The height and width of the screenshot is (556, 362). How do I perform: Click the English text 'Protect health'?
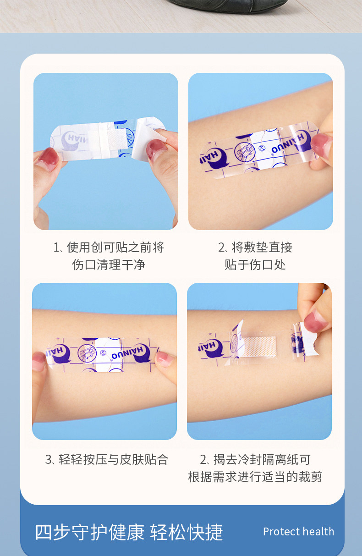(298, 531)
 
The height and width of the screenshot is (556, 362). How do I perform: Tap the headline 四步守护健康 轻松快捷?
(129, 532)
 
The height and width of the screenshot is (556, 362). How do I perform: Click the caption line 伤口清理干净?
(109, 264)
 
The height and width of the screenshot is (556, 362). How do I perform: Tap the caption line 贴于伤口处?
(255, 264)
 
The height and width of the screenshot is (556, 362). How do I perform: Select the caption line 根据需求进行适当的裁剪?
(255, 477)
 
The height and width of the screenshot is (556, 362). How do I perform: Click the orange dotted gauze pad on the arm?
(259, 347)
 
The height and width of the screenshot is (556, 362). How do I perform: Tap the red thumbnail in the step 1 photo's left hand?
(48, 159)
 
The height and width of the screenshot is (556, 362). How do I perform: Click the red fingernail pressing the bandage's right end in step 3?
(164, 359)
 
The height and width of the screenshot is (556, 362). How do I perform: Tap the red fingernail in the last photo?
(316, 322)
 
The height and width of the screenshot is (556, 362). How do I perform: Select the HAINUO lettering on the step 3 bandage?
(127, 353)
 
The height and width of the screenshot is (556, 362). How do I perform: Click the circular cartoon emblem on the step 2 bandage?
(244, 152)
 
